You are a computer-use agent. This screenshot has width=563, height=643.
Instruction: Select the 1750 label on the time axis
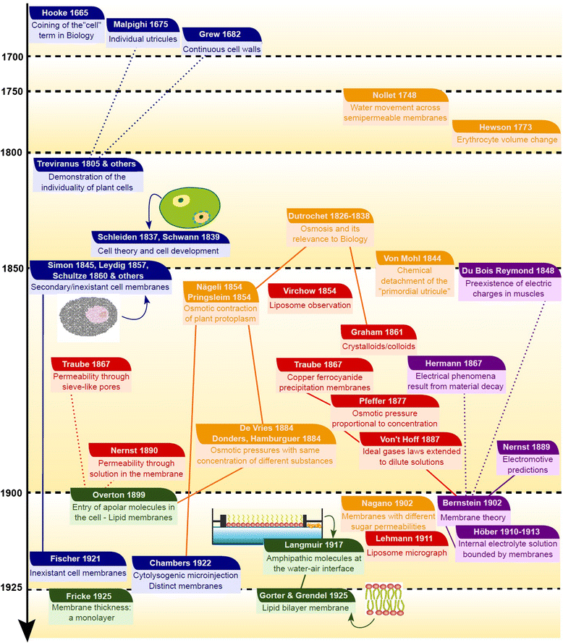click(x=12, y=91)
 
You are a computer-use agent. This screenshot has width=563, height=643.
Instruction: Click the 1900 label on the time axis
click(x=12, y=492)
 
